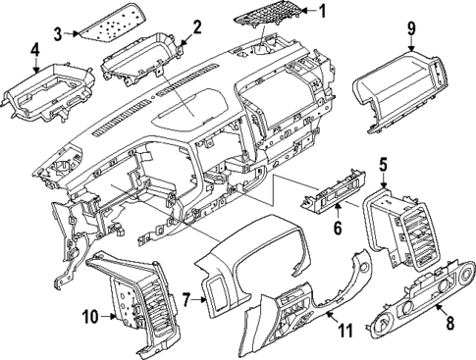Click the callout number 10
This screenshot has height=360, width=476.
pos(89,316)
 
